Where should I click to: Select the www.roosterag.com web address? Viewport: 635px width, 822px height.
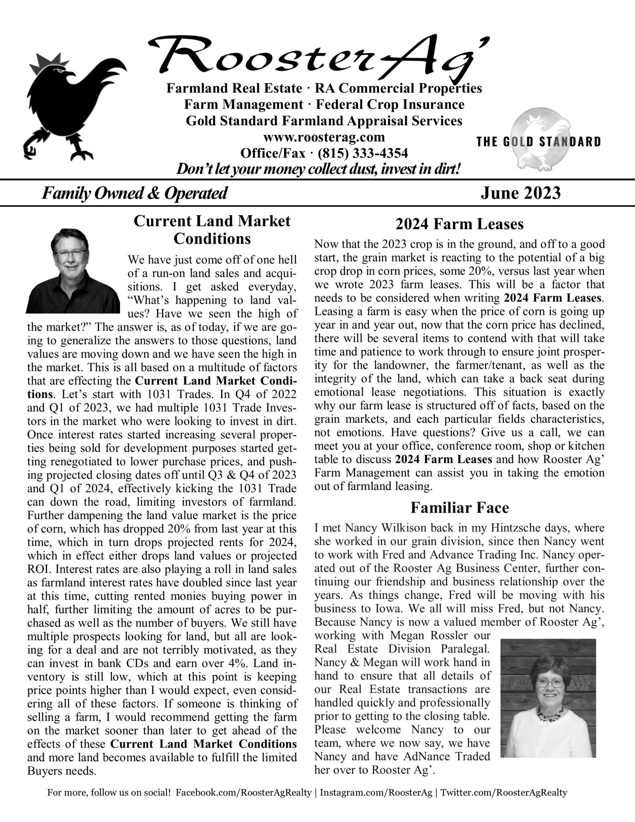pyautogui.click(x=324, y=137)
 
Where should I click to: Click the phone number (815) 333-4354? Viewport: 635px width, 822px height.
pyautogui.click(x=362, y=153)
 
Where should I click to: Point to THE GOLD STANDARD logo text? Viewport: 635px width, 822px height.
pyautogui.click(x=538, y=142)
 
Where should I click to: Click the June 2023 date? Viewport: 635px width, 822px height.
pyautogui.click(x=520, y=193)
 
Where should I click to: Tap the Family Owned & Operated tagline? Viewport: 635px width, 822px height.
pyautogui.click(x=134, y=193)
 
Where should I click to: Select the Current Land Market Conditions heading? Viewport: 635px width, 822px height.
pyautogui.click(x=212, y=230)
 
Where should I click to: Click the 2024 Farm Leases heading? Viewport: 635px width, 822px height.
pyautogui.click(x=459, y=224)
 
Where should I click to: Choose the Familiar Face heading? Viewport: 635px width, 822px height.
pyautogui.click(x=459, y=508)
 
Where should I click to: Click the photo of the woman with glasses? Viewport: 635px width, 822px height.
pyautogui.click(x=548, y=698)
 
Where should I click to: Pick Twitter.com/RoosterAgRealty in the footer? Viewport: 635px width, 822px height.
pyautogui.click(x=504, y=793)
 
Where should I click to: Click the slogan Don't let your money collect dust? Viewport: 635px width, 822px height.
pyautogui.click(x=318, y=169)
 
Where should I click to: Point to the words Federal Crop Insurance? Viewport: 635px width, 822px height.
pyautogui.click(x=390, y=104)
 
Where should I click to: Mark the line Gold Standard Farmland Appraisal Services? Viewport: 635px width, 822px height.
pyautogui.click(x=324, y=120)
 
